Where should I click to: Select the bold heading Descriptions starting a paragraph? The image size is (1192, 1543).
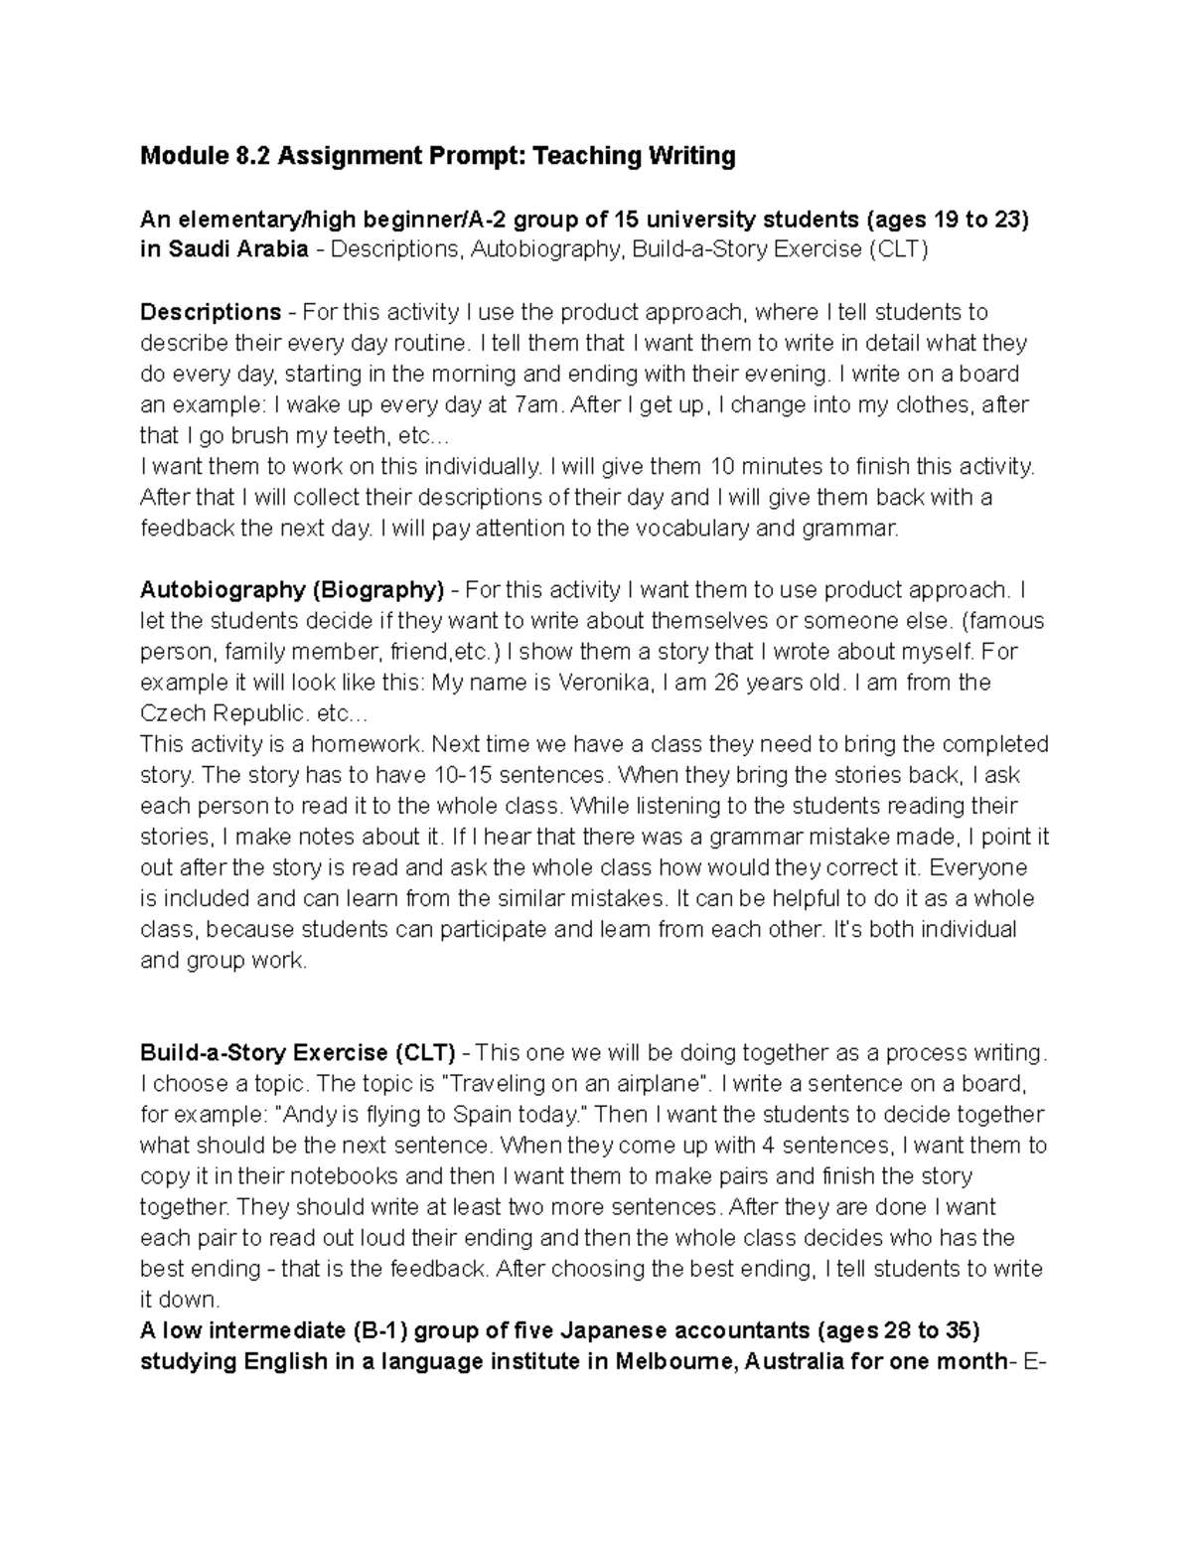tap(211, 312)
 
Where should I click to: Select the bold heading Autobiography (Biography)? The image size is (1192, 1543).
tap(291, 590)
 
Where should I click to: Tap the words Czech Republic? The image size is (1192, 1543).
tap(223, 713)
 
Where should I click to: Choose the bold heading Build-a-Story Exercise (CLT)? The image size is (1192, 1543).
tap(297, 1052)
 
